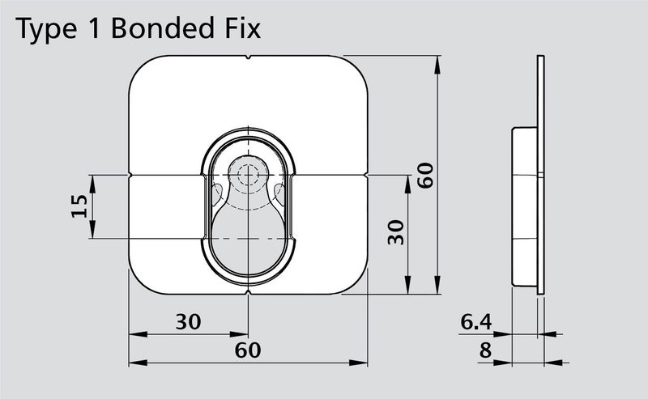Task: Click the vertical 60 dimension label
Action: [426, 175]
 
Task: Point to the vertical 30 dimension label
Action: [395, 233]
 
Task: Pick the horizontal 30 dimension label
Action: [188, 321]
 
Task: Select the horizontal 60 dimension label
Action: [248, 350]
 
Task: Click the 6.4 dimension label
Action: [475, 322]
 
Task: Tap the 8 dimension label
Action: [485, 350]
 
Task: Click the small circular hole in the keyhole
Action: [248, 174]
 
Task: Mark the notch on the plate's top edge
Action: [248, 58]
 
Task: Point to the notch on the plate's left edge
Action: [131, 174]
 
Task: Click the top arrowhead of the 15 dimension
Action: [92, 180]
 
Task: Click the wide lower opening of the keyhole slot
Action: [248, 235]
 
